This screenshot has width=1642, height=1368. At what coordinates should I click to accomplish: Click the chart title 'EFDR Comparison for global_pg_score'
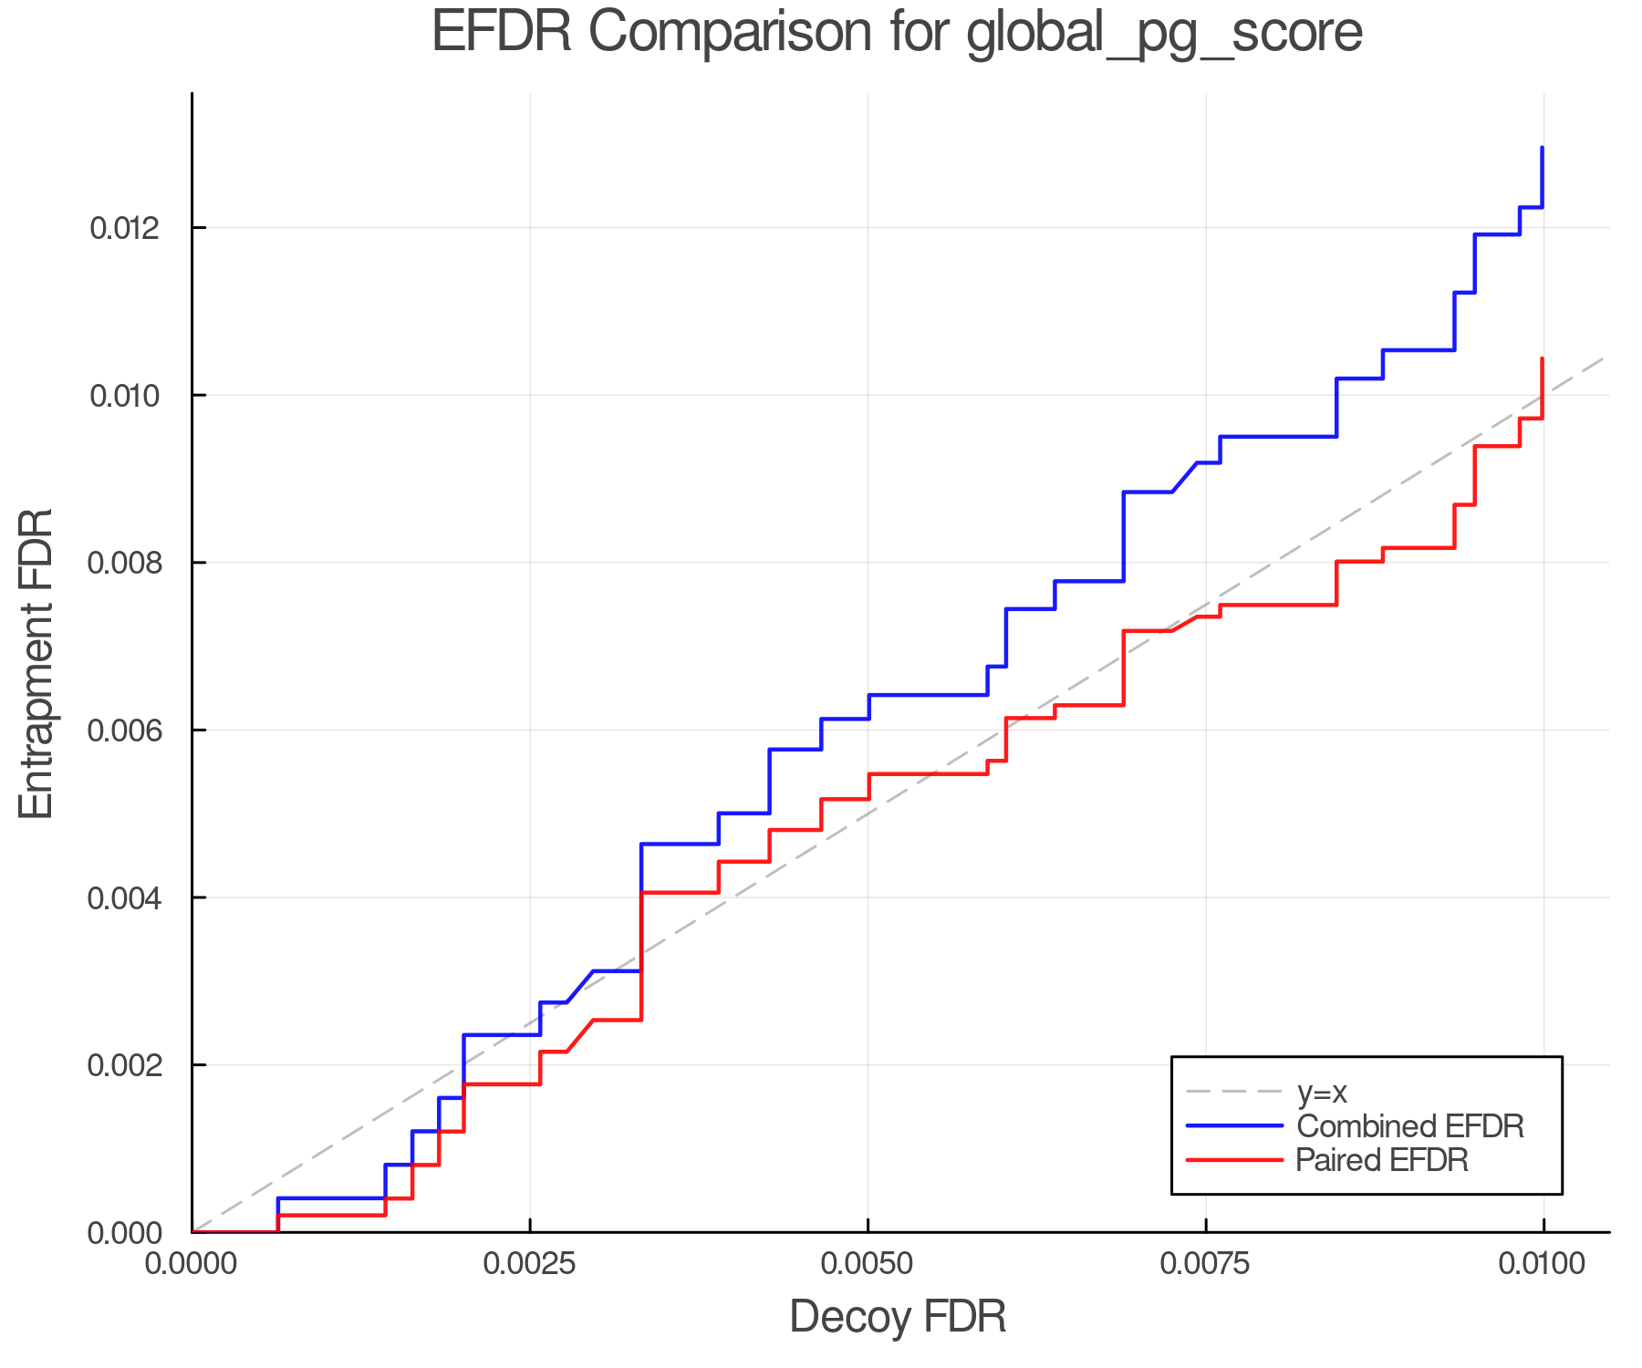point(897,33)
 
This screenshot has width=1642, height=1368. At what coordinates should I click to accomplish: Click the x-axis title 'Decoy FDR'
point(898,1317)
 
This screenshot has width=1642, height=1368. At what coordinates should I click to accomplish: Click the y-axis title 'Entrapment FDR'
point(36,664)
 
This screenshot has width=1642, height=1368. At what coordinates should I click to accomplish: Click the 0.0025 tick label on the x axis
point(530,1264)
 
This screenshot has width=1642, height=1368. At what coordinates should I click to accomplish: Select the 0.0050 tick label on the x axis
point(868,1264)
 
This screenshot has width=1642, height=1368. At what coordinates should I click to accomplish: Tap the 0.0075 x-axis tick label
point(1206,1264)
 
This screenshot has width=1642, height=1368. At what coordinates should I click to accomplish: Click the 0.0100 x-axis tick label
point(1543,1264)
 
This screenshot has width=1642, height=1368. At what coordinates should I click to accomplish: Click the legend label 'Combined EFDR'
point(1410,1126)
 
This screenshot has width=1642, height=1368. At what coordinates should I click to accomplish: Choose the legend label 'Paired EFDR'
point(1382,1160)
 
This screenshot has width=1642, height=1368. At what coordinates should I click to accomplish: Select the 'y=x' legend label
point(1322,1092)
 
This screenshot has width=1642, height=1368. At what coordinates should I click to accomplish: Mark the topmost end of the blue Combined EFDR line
point(1542,148)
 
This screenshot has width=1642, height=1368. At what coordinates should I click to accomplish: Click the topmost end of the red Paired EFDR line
point(1542,359)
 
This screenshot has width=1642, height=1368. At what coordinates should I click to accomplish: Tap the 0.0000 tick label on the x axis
point(192,1264)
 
